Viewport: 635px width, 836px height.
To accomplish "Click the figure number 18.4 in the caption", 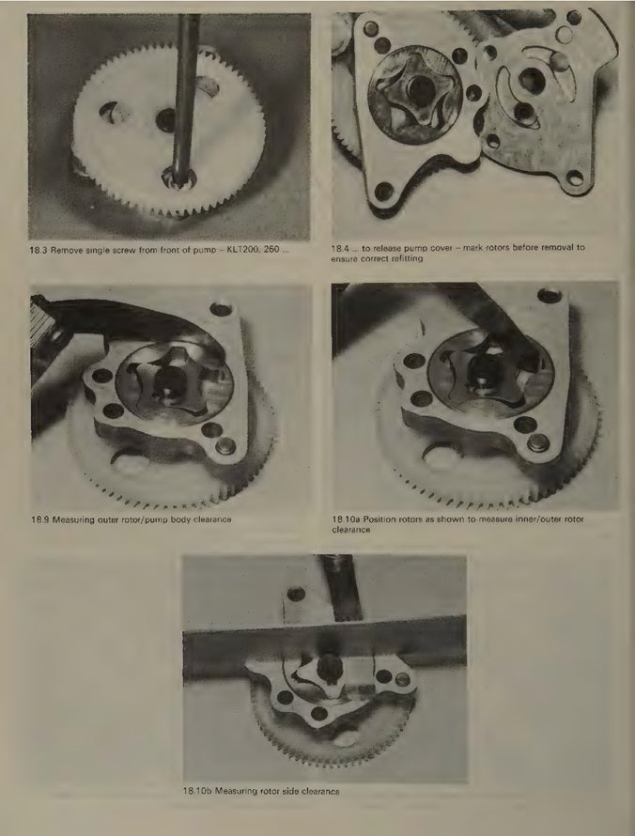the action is click(339, 248).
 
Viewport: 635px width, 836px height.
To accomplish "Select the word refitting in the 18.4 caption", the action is click(407, 258).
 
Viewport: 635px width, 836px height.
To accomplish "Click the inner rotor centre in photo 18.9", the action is click(169, 381).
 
